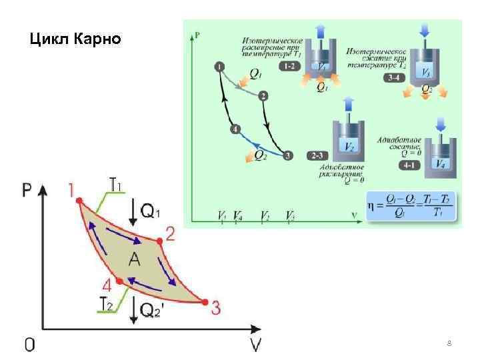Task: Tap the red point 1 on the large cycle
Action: [x=79, y=200]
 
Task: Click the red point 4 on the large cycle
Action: [x=119, y=281]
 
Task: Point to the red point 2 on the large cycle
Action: [x=160, y=240]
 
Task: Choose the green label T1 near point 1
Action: [x=115, y=183]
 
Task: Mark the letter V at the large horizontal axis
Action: [x=255, y=345]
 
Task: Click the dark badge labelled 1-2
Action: [x=290, y=67]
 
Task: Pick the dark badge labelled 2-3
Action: [x=317, y=156]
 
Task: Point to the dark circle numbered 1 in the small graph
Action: [x=219, y=65]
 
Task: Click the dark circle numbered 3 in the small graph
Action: [x=287, y=156]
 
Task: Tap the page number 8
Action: [x=449, y=343]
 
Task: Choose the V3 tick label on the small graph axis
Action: [x=291, y=217]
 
